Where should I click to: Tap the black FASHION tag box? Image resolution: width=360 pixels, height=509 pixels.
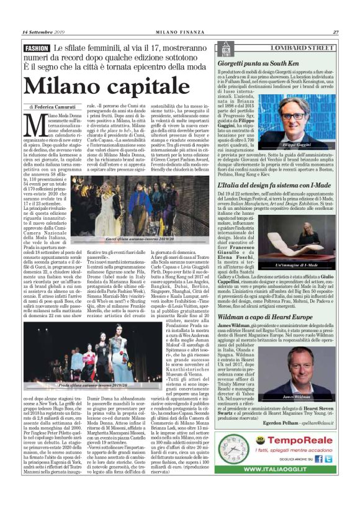(37, 48)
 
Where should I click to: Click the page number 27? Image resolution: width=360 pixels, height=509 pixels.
(335, 32)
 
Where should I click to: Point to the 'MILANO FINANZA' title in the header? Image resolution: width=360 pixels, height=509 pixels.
(180, 32)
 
